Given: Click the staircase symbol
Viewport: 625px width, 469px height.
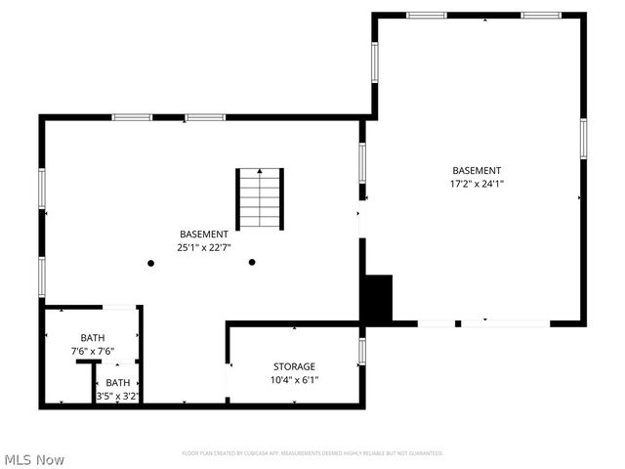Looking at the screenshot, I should [x=259, y=199].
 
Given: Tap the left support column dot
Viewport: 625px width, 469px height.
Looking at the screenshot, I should [x=150, y=263].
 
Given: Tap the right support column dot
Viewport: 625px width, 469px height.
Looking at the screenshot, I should [x=252, y=262].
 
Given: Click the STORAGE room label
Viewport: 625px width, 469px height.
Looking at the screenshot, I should [x=294, y=366].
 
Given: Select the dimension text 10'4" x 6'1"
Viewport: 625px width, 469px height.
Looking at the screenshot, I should [x=294, y=380].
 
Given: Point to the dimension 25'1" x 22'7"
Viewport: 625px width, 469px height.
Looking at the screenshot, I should [x=204, y=248].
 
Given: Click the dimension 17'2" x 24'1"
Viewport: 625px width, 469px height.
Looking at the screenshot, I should [x=477, y=183].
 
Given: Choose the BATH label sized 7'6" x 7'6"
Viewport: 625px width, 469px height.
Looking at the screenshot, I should [x=92, y=337].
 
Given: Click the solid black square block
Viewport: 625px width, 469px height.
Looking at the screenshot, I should [x=377, y=298].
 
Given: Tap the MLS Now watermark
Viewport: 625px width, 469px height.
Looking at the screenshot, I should [x=34, y=459].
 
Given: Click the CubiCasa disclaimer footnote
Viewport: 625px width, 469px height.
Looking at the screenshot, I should [x=312, y=453].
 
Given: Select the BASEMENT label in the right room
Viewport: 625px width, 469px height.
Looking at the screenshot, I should [x=477, y=170].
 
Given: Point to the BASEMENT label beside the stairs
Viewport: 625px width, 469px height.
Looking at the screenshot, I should [x=204, y=234].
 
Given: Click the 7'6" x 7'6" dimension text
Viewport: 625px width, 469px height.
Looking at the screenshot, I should [x=92, y=351].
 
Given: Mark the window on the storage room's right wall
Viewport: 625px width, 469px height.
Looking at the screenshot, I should [x=361, y=351].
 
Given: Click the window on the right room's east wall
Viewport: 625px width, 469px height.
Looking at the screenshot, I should [x=583, y=138].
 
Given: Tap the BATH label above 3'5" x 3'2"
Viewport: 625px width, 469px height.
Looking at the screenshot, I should [x=118, y=382].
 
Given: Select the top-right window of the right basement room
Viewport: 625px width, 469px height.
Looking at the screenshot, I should [x=541, y=15].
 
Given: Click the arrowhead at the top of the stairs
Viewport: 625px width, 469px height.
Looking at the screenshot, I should [x=259, y=171].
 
